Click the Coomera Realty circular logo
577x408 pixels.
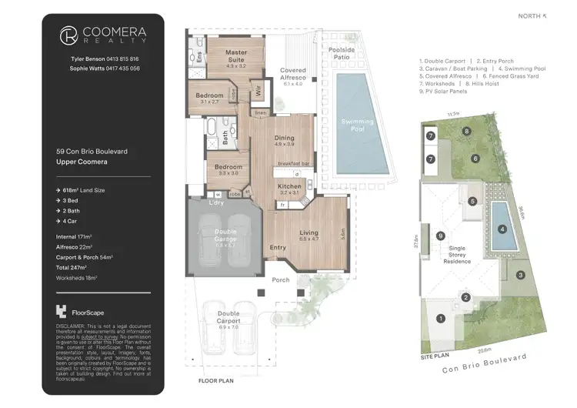click(x=68, y=35)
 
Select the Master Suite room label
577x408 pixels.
click(x=235, y=56)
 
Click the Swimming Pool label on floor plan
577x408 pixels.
click(x=358, y=125)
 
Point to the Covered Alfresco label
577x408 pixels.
click(x=292, y=74)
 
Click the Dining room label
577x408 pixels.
click(x=284, y=139)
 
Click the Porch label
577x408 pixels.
click(x=281, y=279)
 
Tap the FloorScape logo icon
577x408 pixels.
click(x=61, y=312)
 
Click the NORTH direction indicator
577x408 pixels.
click(x=533, y=15)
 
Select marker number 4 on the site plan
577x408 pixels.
click(x=501, y=228)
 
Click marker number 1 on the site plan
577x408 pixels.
click(x=441, y=317)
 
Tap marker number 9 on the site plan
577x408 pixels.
click(x=440, y=236)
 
